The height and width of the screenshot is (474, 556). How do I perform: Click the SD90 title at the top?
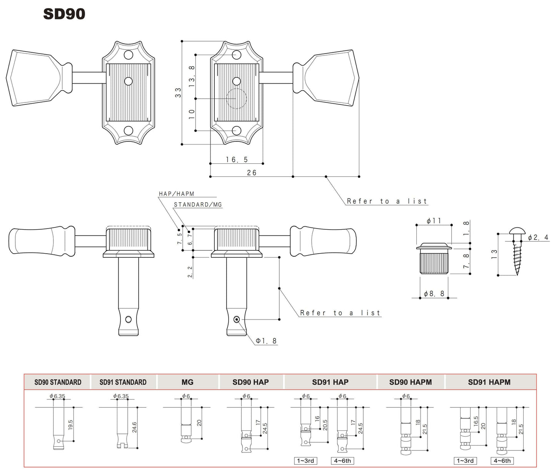point(64,14)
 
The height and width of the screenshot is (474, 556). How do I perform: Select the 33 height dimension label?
point(178,92)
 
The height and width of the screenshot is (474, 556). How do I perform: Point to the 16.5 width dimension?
point(237,160)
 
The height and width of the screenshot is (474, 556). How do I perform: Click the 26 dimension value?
point(252,173)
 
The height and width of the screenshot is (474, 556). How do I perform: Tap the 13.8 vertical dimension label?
point(192,76)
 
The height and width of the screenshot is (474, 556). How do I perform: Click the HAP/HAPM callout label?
point(177,194)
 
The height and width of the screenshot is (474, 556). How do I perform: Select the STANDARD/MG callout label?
point(198,205)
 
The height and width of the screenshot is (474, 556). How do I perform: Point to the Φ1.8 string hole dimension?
point(267,341)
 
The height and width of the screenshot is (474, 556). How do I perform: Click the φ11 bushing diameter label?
point(434,221)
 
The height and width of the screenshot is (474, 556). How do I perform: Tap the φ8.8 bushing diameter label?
point(434,294)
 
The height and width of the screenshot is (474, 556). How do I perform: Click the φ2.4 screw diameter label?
point(538,238)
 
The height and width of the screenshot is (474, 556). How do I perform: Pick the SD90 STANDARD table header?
point(58,382)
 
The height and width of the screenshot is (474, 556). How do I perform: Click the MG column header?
point(187,382)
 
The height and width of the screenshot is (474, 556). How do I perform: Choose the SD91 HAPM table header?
point(489,382)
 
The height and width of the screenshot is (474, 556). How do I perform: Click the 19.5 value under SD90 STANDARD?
point(70,425)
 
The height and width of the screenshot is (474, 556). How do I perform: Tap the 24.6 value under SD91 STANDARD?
point(134,427)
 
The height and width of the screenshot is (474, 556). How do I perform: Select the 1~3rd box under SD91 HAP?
point(306,461)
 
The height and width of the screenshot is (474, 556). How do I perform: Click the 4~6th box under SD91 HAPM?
point(502,461)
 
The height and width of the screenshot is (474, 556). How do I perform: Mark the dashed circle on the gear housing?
point(236,98)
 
